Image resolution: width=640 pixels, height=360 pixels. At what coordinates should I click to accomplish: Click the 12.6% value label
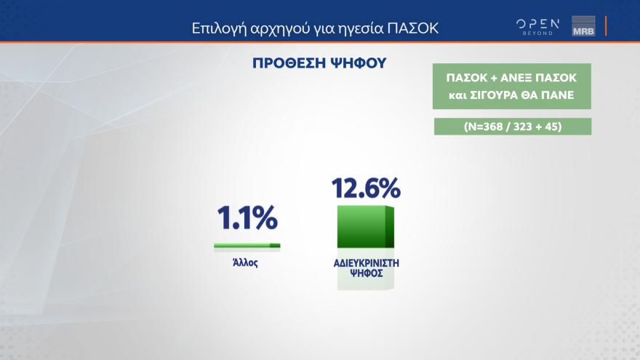click(366, 188)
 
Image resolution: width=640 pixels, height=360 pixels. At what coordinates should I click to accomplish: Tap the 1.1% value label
click(247, 217)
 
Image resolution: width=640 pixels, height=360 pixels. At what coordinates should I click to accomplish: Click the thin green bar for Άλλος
click(247, 246)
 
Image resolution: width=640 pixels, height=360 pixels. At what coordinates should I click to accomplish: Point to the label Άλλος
click(246, 263)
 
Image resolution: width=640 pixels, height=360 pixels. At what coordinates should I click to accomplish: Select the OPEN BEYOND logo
click(538, 26)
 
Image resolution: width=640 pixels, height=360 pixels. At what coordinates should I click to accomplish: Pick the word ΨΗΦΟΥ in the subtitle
click(357, 63)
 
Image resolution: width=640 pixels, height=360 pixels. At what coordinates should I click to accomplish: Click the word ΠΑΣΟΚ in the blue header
click(415, 29)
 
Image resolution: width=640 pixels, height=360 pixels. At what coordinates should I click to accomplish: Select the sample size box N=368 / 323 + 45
click(513, 126)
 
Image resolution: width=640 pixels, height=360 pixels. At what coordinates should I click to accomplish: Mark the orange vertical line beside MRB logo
click(606, 26)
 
